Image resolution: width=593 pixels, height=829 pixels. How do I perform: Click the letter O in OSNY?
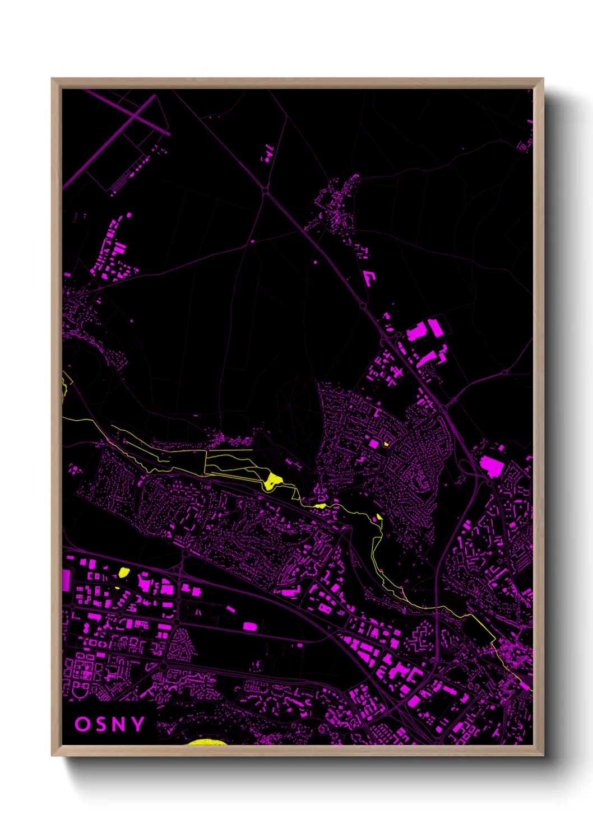[82, 724]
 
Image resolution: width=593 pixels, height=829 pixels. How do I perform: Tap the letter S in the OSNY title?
[101, 724]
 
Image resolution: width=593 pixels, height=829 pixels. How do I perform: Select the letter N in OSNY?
[119, 724]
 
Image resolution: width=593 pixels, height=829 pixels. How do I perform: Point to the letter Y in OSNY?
[138, 724]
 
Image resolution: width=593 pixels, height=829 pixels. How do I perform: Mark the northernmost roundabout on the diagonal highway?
[265, 191]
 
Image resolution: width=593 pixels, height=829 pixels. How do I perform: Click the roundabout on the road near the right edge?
[504, 372]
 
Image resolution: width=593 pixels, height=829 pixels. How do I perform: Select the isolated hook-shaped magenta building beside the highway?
[369, 277]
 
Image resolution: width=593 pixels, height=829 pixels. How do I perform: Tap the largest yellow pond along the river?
[273, 480]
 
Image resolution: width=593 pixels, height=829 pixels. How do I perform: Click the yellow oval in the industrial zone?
[124, 572]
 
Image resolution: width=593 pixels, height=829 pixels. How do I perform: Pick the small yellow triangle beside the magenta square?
[386, 444]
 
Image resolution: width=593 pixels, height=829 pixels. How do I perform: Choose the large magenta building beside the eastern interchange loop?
[492, 465]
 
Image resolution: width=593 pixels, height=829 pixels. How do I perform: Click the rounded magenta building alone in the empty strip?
[250, 626]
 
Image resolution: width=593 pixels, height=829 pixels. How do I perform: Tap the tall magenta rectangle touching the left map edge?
[66, 579]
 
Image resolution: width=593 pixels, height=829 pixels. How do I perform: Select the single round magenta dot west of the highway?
[315, 262]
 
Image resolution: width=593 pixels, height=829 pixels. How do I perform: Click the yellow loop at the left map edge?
[64, 386]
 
